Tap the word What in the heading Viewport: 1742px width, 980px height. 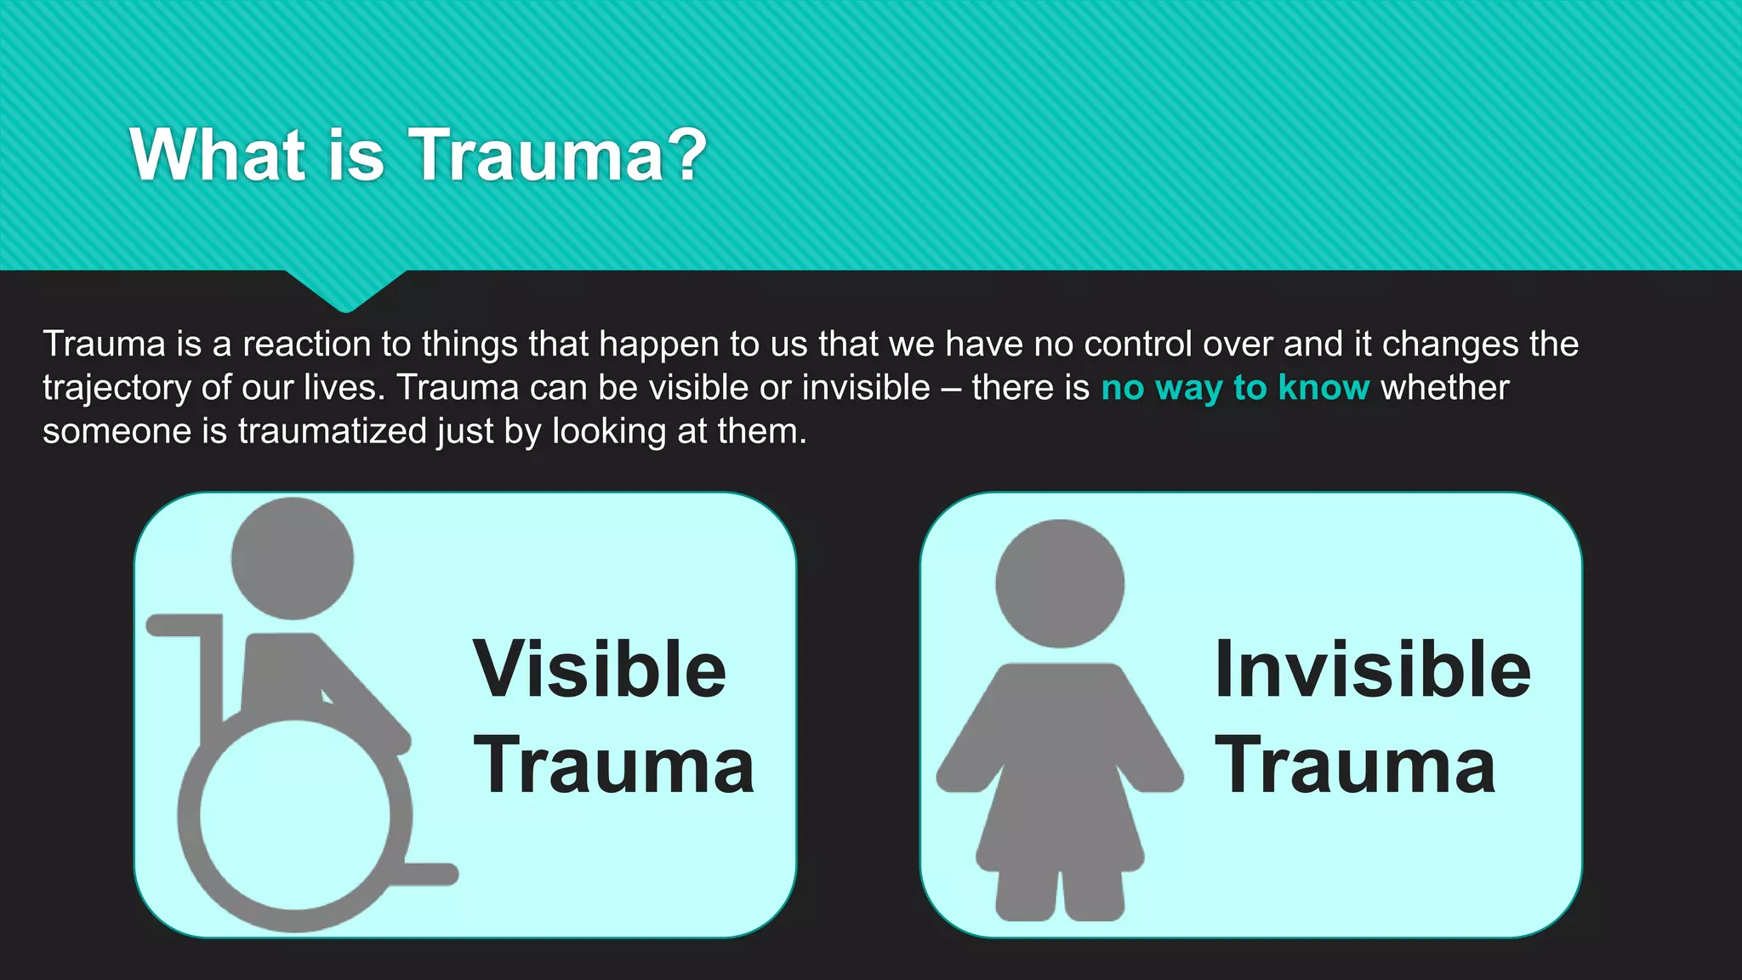[218, 155]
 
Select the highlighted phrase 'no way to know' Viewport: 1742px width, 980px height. [1235, 388]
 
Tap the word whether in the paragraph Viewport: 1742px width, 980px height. [1444, 388]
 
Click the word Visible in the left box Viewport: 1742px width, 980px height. [600, 669]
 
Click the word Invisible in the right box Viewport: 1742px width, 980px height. [1372, 669]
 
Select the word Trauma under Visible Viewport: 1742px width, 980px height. [613, 766]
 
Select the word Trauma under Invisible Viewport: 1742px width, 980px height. [1355, 766]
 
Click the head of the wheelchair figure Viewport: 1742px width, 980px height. [293, 558]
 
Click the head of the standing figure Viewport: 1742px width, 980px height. [1060, 584]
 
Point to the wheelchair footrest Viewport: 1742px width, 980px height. [430, 874]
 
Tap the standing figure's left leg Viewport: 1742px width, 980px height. [1027, 893]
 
